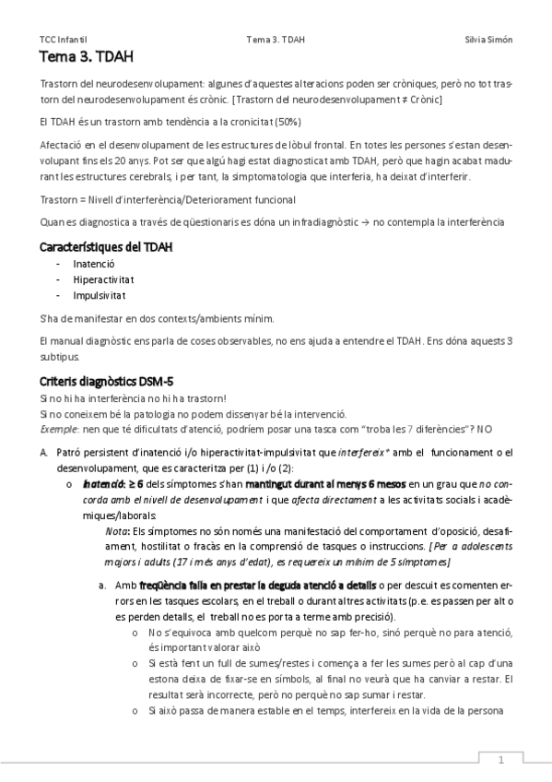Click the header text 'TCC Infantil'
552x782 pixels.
(64, 40)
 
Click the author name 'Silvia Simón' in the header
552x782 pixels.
(488, 40)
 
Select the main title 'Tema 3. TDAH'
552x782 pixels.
(87, 57)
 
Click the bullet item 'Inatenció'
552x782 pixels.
(94, 264)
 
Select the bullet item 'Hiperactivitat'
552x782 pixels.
(103, 279)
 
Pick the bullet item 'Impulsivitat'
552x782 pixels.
(100, 295)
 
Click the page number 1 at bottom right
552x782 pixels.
(500, 760)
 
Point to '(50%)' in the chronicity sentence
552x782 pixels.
(288, 122)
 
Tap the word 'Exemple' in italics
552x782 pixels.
(58, 429)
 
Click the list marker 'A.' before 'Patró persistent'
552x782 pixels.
(44, 453)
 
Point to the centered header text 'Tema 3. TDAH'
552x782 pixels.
(276, 40)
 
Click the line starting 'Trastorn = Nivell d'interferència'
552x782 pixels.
(169, 198)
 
